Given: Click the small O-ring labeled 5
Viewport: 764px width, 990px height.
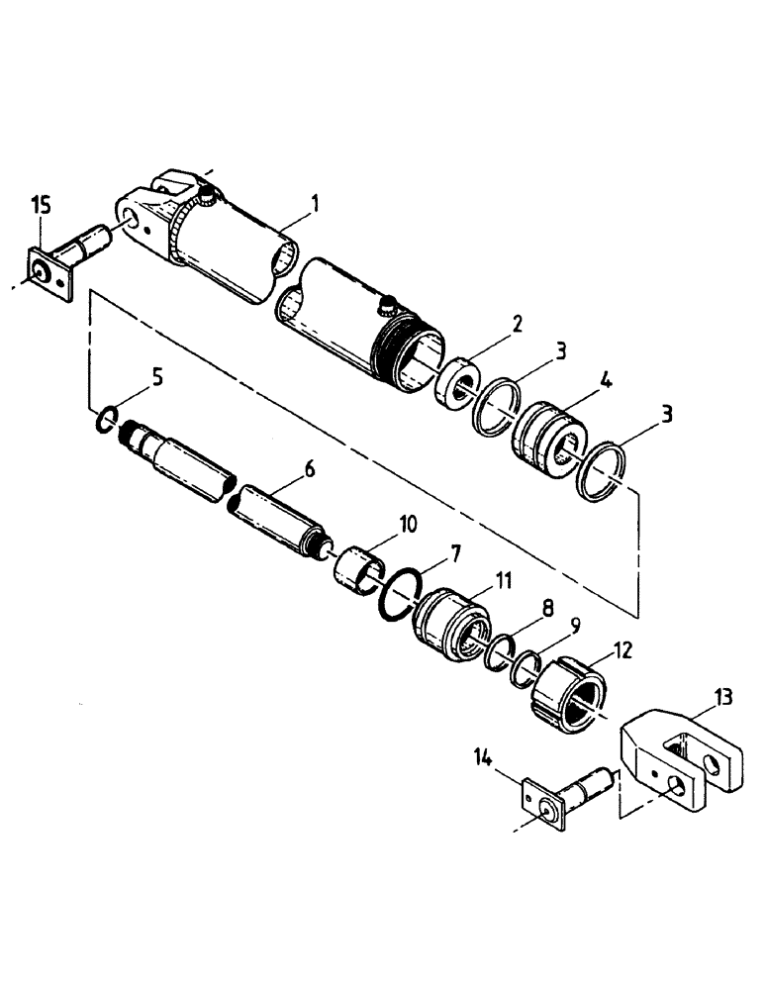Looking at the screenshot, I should point(103,422).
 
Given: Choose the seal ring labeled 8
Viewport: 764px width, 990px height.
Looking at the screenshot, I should point(500,654).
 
